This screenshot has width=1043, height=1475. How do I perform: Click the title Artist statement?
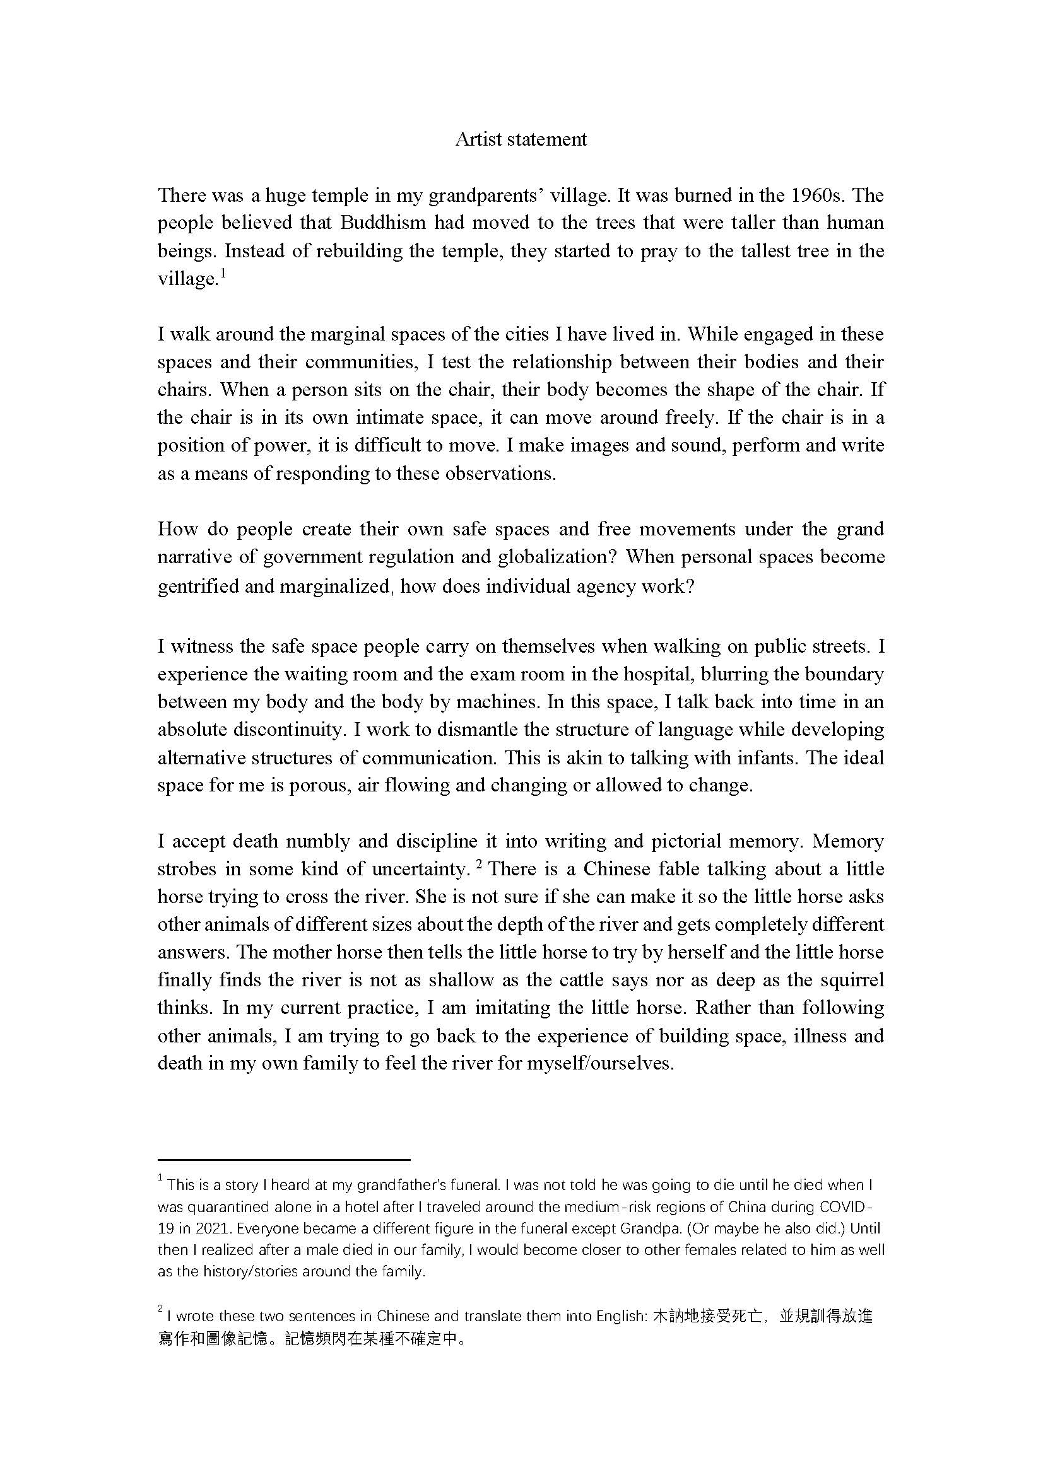[521, 139]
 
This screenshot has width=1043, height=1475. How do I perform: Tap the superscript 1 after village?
[222, 273]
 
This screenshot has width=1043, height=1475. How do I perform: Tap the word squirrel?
[851, 981]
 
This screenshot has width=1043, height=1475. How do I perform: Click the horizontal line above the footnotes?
[283, 1160]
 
